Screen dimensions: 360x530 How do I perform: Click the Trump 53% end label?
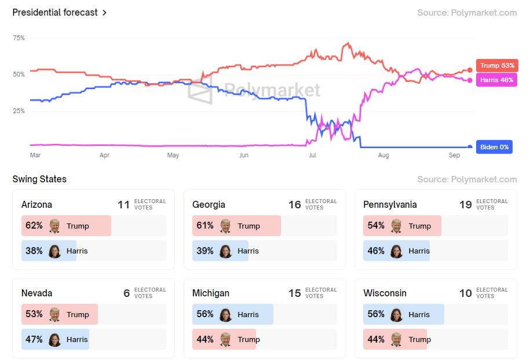(496, 65)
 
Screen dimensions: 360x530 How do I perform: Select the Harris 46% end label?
(496, 80)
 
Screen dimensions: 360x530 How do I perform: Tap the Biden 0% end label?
(494, 147)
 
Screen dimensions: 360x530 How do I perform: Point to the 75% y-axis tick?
(19, 38)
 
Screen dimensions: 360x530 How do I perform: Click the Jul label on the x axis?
(313, 156)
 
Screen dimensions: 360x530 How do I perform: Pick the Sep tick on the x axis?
(454, 156)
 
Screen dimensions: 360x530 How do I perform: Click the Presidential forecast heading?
(55, 12)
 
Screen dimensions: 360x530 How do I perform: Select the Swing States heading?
(39, 179)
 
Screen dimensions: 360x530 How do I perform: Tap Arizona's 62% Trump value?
(34, 226)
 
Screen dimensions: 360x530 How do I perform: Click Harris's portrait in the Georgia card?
(226, 251)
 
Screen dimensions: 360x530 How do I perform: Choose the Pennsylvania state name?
(390, 204)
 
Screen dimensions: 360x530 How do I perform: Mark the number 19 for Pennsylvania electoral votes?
(466, 204)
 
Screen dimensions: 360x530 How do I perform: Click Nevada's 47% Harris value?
(34, 339)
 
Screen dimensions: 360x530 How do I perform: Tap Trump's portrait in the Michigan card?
(226, 339)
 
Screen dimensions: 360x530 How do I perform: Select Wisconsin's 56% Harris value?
(376, 314)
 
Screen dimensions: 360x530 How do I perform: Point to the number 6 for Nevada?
(126, 293)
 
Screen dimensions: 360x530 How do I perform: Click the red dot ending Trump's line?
(470, 71)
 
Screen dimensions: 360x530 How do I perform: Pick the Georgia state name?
(209, 204)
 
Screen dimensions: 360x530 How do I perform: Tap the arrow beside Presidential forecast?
(104, 13)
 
